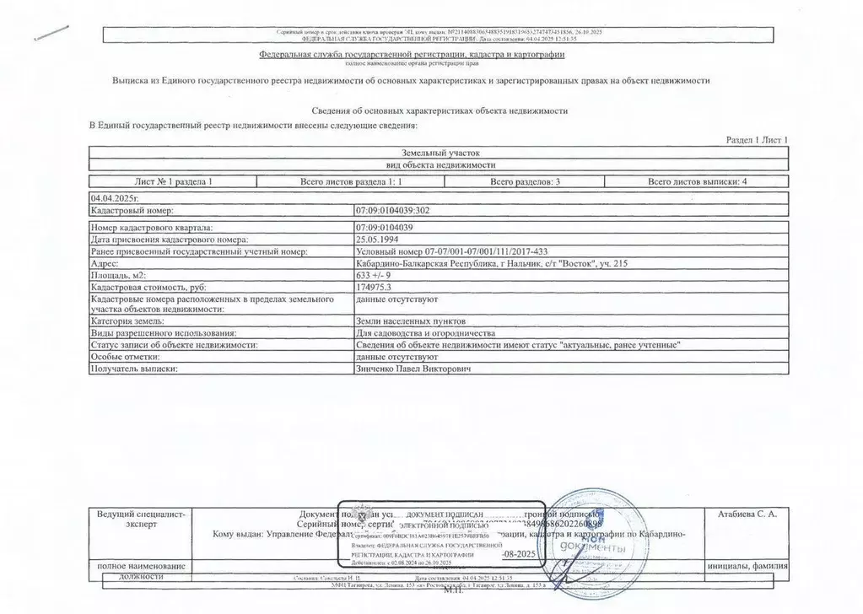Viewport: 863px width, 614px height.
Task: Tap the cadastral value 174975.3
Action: pos(375,287)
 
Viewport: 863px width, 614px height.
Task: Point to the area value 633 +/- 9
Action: pos(376,275)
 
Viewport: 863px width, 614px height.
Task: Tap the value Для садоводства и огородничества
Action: pos(421,334)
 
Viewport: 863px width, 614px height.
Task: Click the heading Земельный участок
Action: pos(440,153)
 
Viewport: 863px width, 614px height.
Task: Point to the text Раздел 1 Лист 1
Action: pos(757,139)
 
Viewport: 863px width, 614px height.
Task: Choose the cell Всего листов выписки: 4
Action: pos(697,181)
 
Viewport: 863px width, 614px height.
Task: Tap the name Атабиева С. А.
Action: pos(746,513)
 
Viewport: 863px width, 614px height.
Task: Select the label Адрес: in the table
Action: pos(105,263)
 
